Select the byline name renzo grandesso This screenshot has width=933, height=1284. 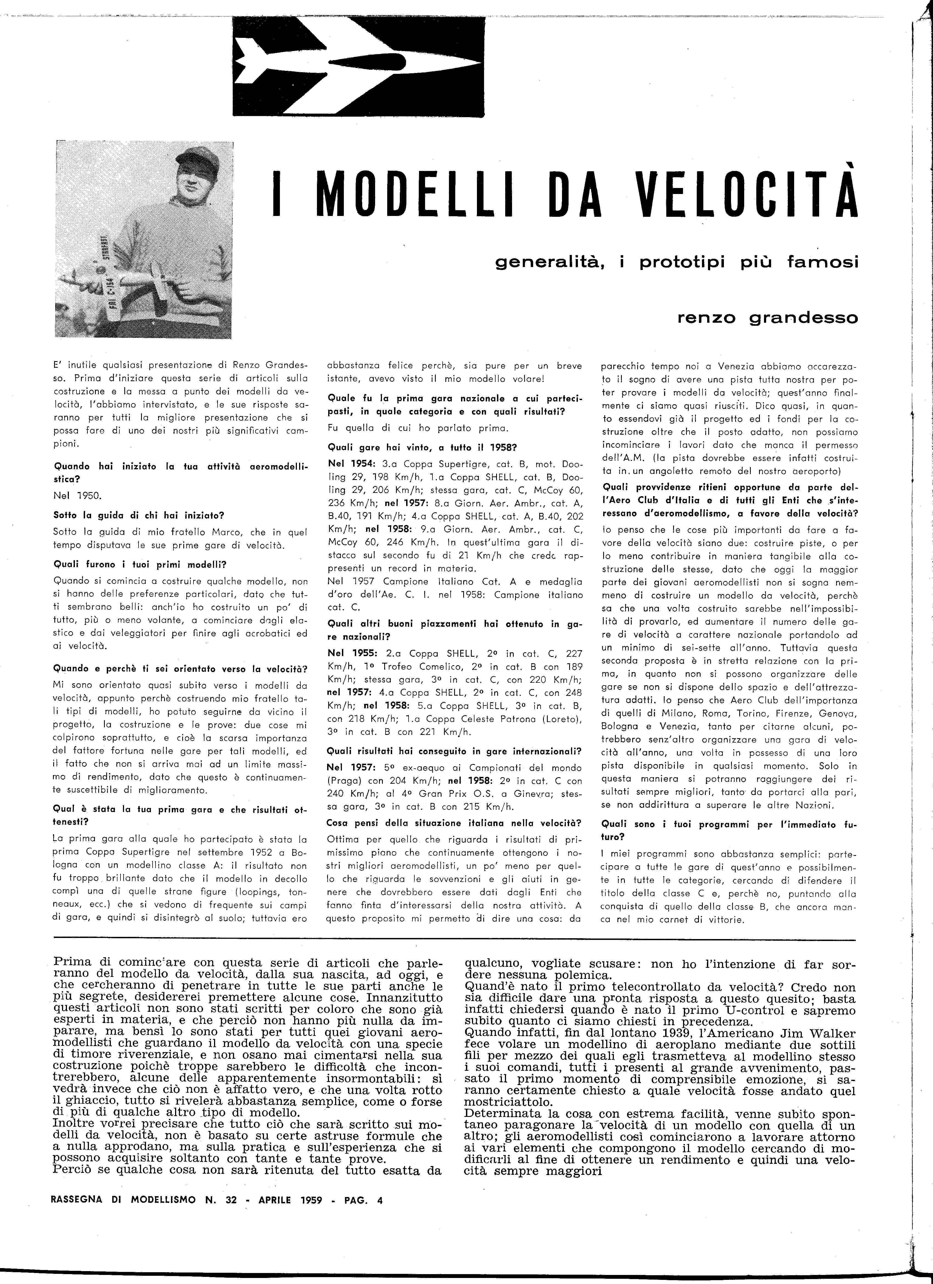coord(767,318)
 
